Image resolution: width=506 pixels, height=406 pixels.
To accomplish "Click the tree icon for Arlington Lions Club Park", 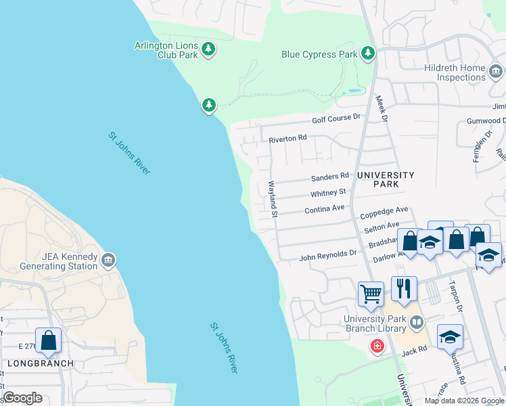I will coord(209,49).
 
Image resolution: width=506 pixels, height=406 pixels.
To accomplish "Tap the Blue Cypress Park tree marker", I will coord(367,53).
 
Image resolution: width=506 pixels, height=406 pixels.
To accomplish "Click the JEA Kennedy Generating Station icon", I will coord(108,261).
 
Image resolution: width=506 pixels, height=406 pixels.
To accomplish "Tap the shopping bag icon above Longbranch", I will coord(49,340).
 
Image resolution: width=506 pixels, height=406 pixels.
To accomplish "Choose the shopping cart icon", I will coord(371,294).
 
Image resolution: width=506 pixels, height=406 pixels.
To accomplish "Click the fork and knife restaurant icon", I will coord(404,289).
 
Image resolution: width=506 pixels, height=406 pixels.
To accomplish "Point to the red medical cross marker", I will coord(377,346).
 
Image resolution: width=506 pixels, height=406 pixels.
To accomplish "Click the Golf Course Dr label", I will coord(336,119).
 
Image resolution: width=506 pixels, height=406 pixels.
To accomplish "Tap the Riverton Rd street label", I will coord(287,139).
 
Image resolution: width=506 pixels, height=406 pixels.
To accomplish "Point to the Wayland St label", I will coord(273,200).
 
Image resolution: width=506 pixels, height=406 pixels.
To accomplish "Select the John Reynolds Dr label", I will coord(327,255).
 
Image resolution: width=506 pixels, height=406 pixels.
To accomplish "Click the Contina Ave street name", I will coord(325,210).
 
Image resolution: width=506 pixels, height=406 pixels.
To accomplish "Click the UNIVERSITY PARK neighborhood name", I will coord(386,179).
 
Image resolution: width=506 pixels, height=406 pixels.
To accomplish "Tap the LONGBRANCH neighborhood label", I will coord(37,363).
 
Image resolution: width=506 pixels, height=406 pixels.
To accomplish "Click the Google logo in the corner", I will coord(22,398).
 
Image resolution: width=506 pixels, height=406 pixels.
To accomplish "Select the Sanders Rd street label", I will coord(329,177).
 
